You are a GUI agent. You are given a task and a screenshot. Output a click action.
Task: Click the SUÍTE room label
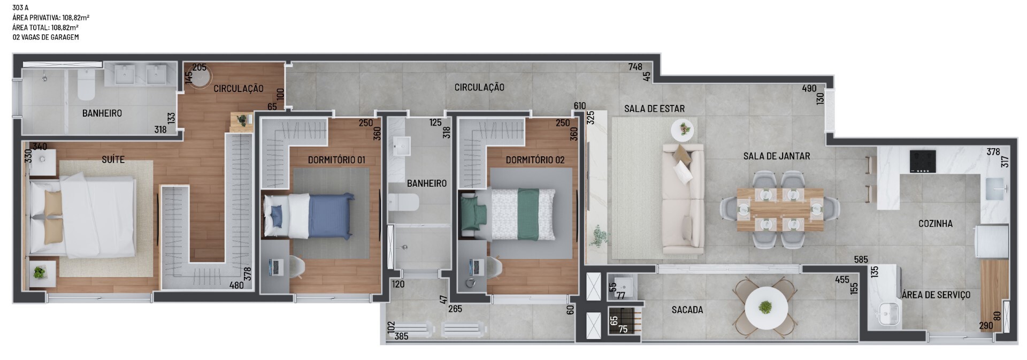pyautogui.click(x=113, y=159)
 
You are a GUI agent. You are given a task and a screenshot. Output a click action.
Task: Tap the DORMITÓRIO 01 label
pyautogui.click(x=336, y=160)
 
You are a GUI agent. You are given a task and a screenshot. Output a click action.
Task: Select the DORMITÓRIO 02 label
pyautogui.click(x=535, y=160)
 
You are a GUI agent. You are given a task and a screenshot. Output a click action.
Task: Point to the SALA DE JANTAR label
pyautogui.click(x=776, y=156)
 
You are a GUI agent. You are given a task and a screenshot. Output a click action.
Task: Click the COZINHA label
pyautogui.click(x=936, y=224)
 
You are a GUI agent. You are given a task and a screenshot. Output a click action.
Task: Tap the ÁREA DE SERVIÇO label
pyautogui.click(x=936, y=295)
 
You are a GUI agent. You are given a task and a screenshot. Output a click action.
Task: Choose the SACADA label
pyautogui.click(x=687, y=310)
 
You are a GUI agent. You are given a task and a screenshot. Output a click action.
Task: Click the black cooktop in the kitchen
pyautogui.click(x=923, y=161)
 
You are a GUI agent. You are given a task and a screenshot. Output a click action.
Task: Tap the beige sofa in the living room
pyautogui.click(x=683, y=198)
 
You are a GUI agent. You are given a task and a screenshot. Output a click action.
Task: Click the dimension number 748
pyautogui.click(x=635, y=67)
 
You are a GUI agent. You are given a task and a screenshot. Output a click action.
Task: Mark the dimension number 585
pyautogui.click(x=861, y=260)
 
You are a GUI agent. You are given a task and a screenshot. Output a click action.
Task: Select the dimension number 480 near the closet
pyautogui.click(x=236, y=285)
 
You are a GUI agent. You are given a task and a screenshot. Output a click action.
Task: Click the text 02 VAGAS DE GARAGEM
pyautogui.click(x=45, y=37)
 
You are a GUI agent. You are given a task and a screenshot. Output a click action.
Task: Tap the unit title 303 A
pyautogui.click(x=20, y=8)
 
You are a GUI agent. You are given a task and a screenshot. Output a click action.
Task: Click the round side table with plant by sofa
pyautogui.click(x=683, y=129)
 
